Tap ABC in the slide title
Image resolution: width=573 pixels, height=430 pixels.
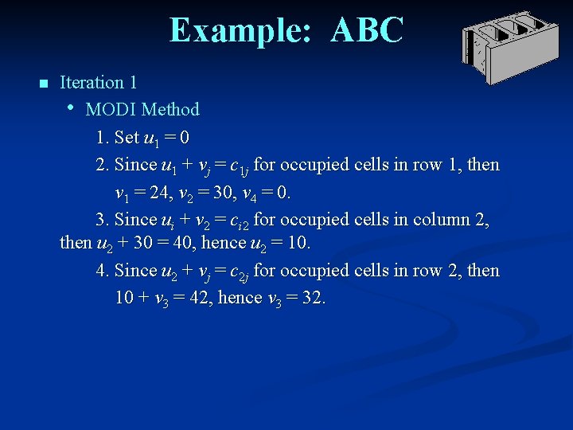367,30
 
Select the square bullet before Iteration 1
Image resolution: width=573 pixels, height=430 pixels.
43,84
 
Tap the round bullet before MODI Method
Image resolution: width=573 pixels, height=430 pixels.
71,107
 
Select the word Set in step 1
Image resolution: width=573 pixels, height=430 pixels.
127,138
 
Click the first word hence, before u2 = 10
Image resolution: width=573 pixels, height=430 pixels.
224,241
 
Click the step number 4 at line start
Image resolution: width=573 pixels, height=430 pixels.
101,271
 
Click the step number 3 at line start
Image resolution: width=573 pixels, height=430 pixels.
101,219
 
